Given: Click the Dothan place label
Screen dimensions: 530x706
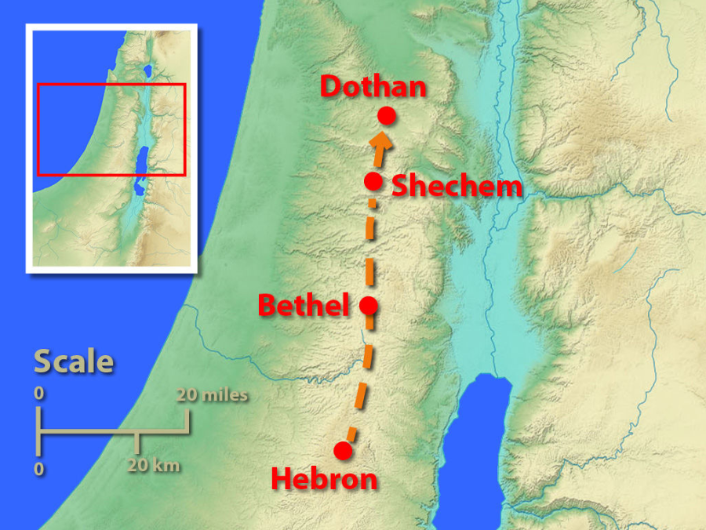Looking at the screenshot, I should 373,87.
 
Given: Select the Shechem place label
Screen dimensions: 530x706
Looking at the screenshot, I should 457,187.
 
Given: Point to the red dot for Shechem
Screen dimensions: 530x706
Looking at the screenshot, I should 374,181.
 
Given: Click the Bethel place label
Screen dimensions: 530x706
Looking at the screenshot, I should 303,306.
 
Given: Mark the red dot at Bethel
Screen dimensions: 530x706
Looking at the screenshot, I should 369,306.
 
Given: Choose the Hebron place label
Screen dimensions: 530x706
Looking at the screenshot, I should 323,479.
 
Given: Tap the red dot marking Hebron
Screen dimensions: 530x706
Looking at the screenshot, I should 342,451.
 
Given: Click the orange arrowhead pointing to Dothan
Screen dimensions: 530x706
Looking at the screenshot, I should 382,142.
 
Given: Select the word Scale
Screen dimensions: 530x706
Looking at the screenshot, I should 74,362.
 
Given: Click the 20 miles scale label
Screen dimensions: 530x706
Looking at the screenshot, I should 212,395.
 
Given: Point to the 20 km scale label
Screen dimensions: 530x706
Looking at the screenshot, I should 155,466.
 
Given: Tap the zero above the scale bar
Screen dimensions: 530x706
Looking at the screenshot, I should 39,394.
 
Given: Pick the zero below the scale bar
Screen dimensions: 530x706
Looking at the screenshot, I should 39,468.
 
